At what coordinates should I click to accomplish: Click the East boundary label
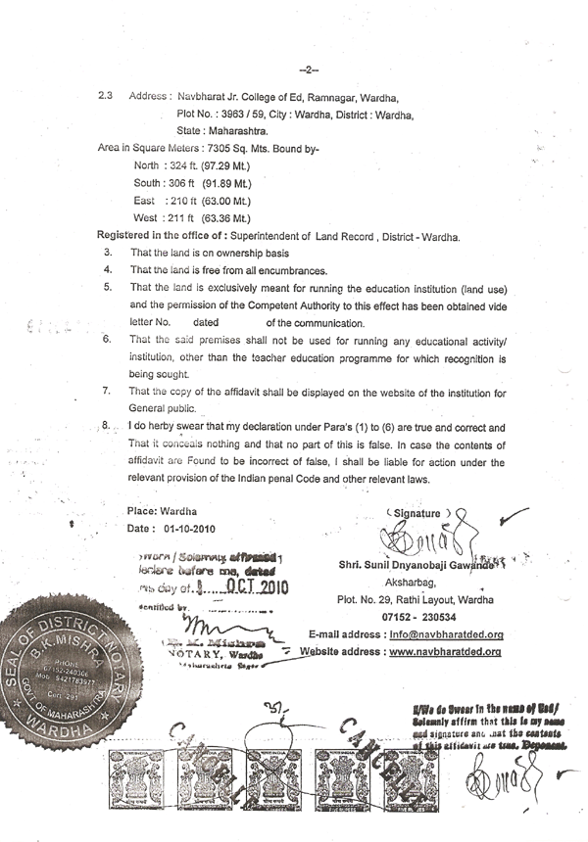coord(144,200)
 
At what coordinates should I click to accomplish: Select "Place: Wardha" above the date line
coord(162,512)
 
